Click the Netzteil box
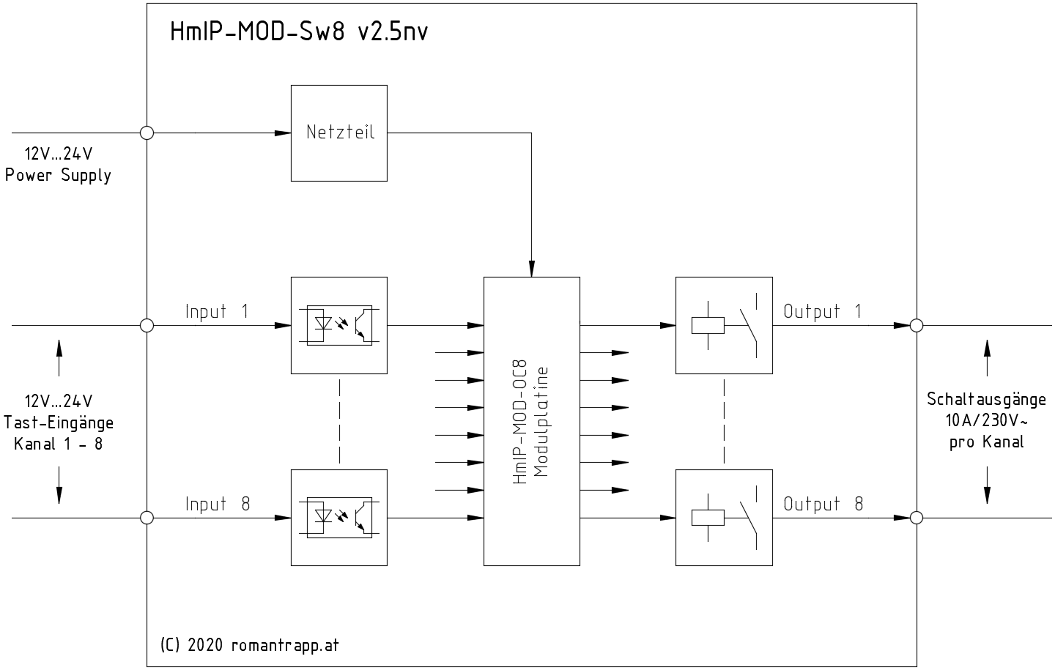[x=338, y=133]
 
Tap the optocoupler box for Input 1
[x=338, y=324]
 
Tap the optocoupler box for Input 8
[x=338, y=517]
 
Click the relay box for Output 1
[x=723, y=324]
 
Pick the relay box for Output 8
[x=723, y=517]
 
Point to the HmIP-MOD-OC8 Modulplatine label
[x=531, y=421]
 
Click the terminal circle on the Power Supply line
[x=147, y=133]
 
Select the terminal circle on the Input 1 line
[x=147, y=325]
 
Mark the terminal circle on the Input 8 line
[x=147, y=518]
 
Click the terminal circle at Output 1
[x=916, y=325]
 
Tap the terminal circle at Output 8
[x=916, y=518]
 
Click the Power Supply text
[x=59, y=176]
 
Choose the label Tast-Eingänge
[x=59, y=423]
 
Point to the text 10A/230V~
[x=986, y=421]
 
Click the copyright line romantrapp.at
[x=249, y=645]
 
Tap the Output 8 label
[x=823, y=504]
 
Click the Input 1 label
[x=217, y=311]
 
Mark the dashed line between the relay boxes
[x=723, y=421]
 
